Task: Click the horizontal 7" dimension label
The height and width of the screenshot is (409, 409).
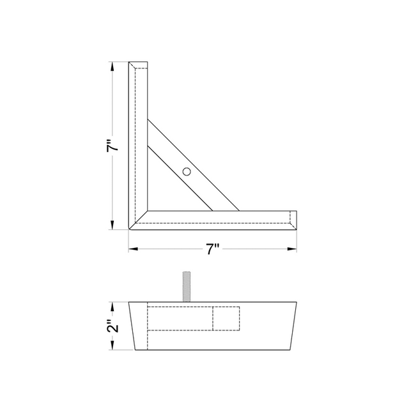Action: (213, 250)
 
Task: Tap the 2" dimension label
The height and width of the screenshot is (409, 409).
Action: (113, 327)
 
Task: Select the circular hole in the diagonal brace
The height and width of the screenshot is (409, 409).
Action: (186, 171)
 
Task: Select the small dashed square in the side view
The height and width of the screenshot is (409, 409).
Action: (226, 319)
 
